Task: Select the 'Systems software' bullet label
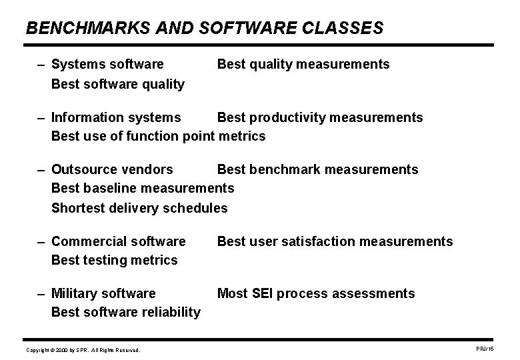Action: tap(107, 64)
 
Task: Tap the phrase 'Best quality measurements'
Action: tap(303, 64)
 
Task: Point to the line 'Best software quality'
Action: tap(118, 84)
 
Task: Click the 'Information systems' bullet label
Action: tap(116, 117)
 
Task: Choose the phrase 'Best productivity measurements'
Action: tap(320, 117)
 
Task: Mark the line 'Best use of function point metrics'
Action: tap(158, 137)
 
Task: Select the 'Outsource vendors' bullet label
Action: tap(112, 169)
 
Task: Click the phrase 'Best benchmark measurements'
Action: tap(318, 169)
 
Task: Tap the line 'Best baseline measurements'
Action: tap(143, 189)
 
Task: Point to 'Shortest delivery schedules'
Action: tap(139, 208)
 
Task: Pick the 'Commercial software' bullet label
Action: tap(119, 241)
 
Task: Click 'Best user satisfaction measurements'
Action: tap(335, 241)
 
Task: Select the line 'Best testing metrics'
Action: tap(115, 260)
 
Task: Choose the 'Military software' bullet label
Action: tap(103, 293)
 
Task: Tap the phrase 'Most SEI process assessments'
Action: tap(316, 293)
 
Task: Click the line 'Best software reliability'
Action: tap(126, 312)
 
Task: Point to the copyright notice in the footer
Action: tap(83, 349)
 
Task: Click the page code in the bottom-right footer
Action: tap(483, 349)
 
